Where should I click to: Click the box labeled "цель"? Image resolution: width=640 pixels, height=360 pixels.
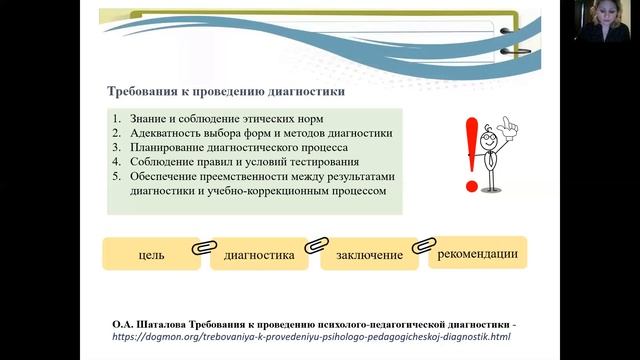pyautogui.click(x=151, y=255)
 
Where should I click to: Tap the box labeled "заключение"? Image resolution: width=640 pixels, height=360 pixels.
pyautogui.click(x=370, y=255)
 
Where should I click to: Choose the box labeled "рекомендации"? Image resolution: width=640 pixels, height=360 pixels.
pyautogui.click(x=478, y=252)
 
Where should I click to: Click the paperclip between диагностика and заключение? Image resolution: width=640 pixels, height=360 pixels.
pyautogui.click(x=314, y=244)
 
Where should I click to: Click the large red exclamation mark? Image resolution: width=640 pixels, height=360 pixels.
pyautogui.click(x=470, y=150)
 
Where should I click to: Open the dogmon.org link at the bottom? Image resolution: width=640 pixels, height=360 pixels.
pyautogui.click(x=312, y=337)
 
